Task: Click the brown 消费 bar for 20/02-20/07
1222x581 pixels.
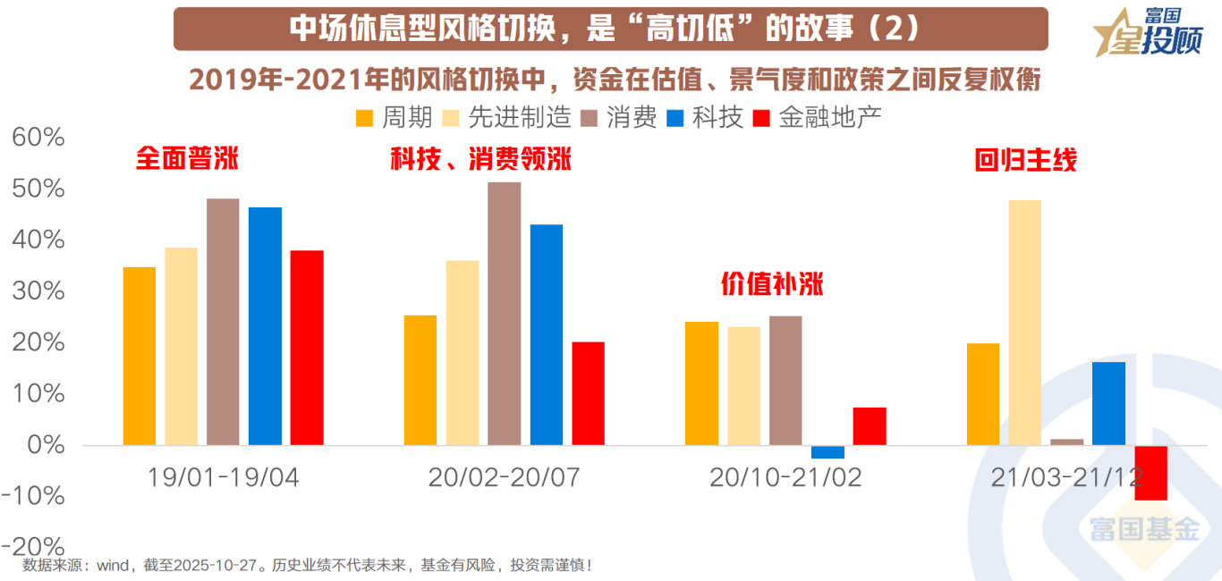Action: click(505, 313)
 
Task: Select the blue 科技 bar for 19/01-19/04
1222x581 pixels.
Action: click(265, 325)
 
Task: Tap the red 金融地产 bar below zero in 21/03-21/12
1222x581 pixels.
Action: click(1150, 473)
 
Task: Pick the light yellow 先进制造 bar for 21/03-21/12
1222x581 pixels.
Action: click(1024, 322)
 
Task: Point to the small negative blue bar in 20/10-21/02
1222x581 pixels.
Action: click(827, 451)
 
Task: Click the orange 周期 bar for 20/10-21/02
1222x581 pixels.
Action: click(701, 383)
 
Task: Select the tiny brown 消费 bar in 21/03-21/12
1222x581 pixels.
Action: click(1066, 442)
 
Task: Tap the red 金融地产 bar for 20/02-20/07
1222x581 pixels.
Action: click(589, 392)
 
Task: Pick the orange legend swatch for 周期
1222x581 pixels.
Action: click(365, 118)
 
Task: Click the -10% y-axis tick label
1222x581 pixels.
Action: click(33, 495)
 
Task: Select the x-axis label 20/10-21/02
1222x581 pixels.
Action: click(785, 477)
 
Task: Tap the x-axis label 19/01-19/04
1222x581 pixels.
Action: click(223, 477)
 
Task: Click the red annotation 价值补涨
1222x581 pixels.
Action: click(772, 284)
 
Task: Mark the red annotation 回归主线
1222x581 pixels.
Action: click(1025, 161)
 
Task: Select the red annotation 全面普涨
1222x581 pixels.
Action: click(187, 159)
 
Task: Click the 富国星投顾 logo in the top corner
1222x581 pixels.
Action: click(1148, 33)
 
